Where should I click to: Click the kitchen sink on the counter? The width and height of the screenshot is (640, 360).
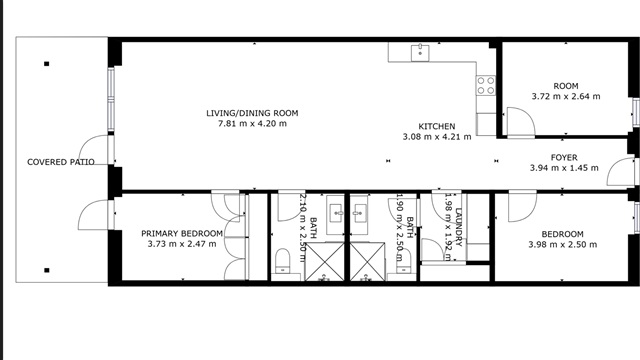(x=420, y=53)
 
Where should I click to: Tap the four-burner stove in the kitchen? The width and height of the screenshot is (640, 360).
(x=486, y=86)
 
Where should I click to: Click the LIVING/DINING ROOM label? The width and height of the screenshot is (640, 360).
(x=252, y=113)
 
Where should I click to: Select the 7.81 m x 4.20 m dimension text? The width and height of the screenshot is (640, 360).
(x=252, y=123)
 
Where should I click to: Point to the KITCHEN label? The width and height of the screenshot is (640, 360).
(x=437, y=127)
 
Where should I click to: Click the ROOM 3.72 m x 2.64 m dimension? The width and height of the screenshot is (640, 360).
(x=566, y=96)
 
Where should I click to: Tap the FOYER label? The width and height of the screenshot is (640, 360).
(x=564, y=158)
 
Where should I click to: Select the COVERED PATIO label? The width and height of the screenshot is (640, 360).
(x=61, y=162)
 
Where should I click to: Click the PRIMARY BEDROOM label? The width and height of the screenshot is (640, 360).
(x=182, y=233)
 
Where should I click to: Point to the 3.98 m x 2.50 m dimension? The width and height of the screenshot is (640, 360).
(x=562, y=244)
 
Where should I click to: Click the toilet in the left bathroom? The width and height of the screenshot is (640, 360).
(x=282, y=261)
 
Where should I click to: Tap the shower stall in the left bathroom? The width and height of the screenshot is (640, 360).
(x=325, y=262)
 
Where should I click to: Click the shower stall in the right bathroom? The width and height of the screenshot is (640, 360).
(x=367, y=262)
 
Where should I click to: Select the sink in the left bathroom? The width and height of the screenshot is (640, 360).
(x=336, y=214)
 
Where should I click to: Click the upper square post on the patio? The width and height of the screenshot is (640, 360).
(x=47, y=64)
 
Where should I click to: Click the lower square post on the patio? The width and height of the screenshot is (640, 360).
(x=47, y=270)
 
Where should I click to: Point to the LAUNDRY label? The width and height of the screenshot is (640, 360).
(x=458, y=227)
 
